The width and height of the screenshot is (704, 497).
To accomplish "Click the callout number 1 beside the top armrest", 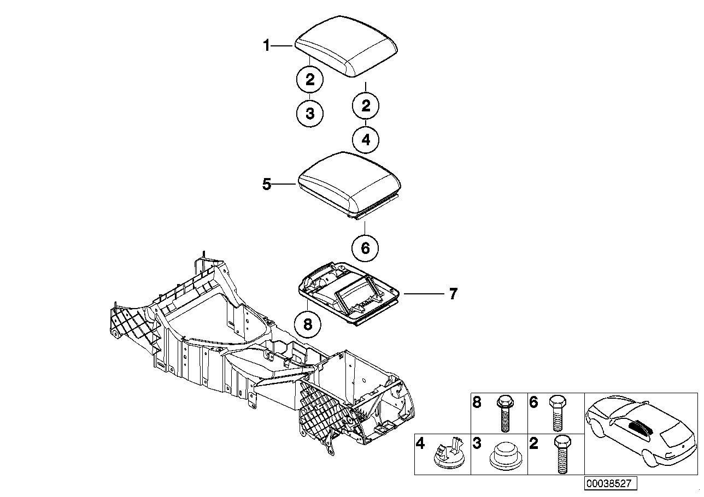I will pos(266,46).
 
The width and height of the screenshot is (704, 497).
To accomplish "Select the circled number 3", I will pos(310,114).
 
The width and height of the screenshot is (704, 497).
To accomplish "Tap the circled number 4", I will pos(366,140).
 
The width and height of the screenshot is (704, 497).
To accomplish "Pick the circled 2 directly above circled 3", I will pos(310,80).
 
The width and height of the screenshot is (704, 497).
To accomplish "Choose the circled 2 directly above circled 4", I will pos(366,105).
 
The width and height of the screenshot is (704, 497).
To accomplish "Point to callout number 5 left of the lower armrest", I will pos(266,185).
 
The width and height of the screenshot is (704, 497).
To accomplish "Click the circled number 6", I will pos(365,248).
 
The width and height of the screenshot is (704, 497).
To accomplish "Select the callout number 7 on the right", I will pos(453,294).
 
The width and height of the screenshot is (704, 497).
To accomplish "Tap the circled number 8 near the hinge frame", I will pos(307,324).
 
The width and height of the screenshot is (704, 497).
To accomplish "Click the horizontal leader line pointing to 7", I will pos(424,294).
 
